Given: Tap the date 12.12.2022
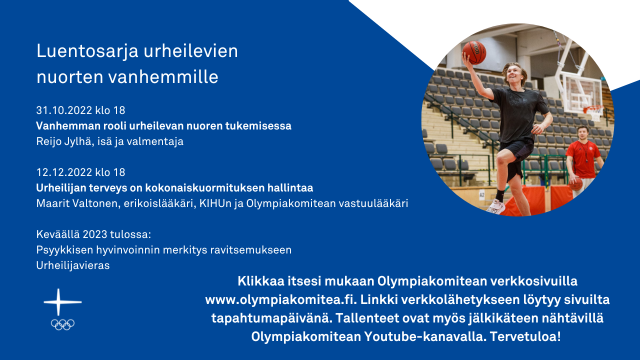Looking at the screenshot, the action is tap(64, 172).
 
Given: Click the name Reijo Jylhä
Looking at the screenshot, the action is tap(64, 141).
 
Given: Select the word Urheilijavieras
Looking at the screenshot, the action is tap(73, 265).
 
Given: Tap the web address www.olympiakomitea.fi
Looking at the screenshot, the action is tap(281, 299).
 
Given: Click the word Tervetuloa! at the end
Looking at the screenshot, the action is tap(525, 336).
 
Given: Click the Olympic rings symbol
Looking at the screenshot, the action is tap(62, 324).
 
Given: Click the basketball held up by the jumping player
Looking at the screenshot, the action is tap(474, 52).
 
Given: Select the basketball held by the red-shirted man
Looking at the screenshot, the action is tap(575, 184).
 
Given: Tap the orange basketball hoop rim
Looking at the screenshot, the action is tap(593, 108).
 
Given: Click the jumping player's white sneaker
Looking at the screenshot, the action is tap(495, 206).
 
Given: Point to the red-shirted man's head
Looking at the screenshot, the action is tap(583, 133).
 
